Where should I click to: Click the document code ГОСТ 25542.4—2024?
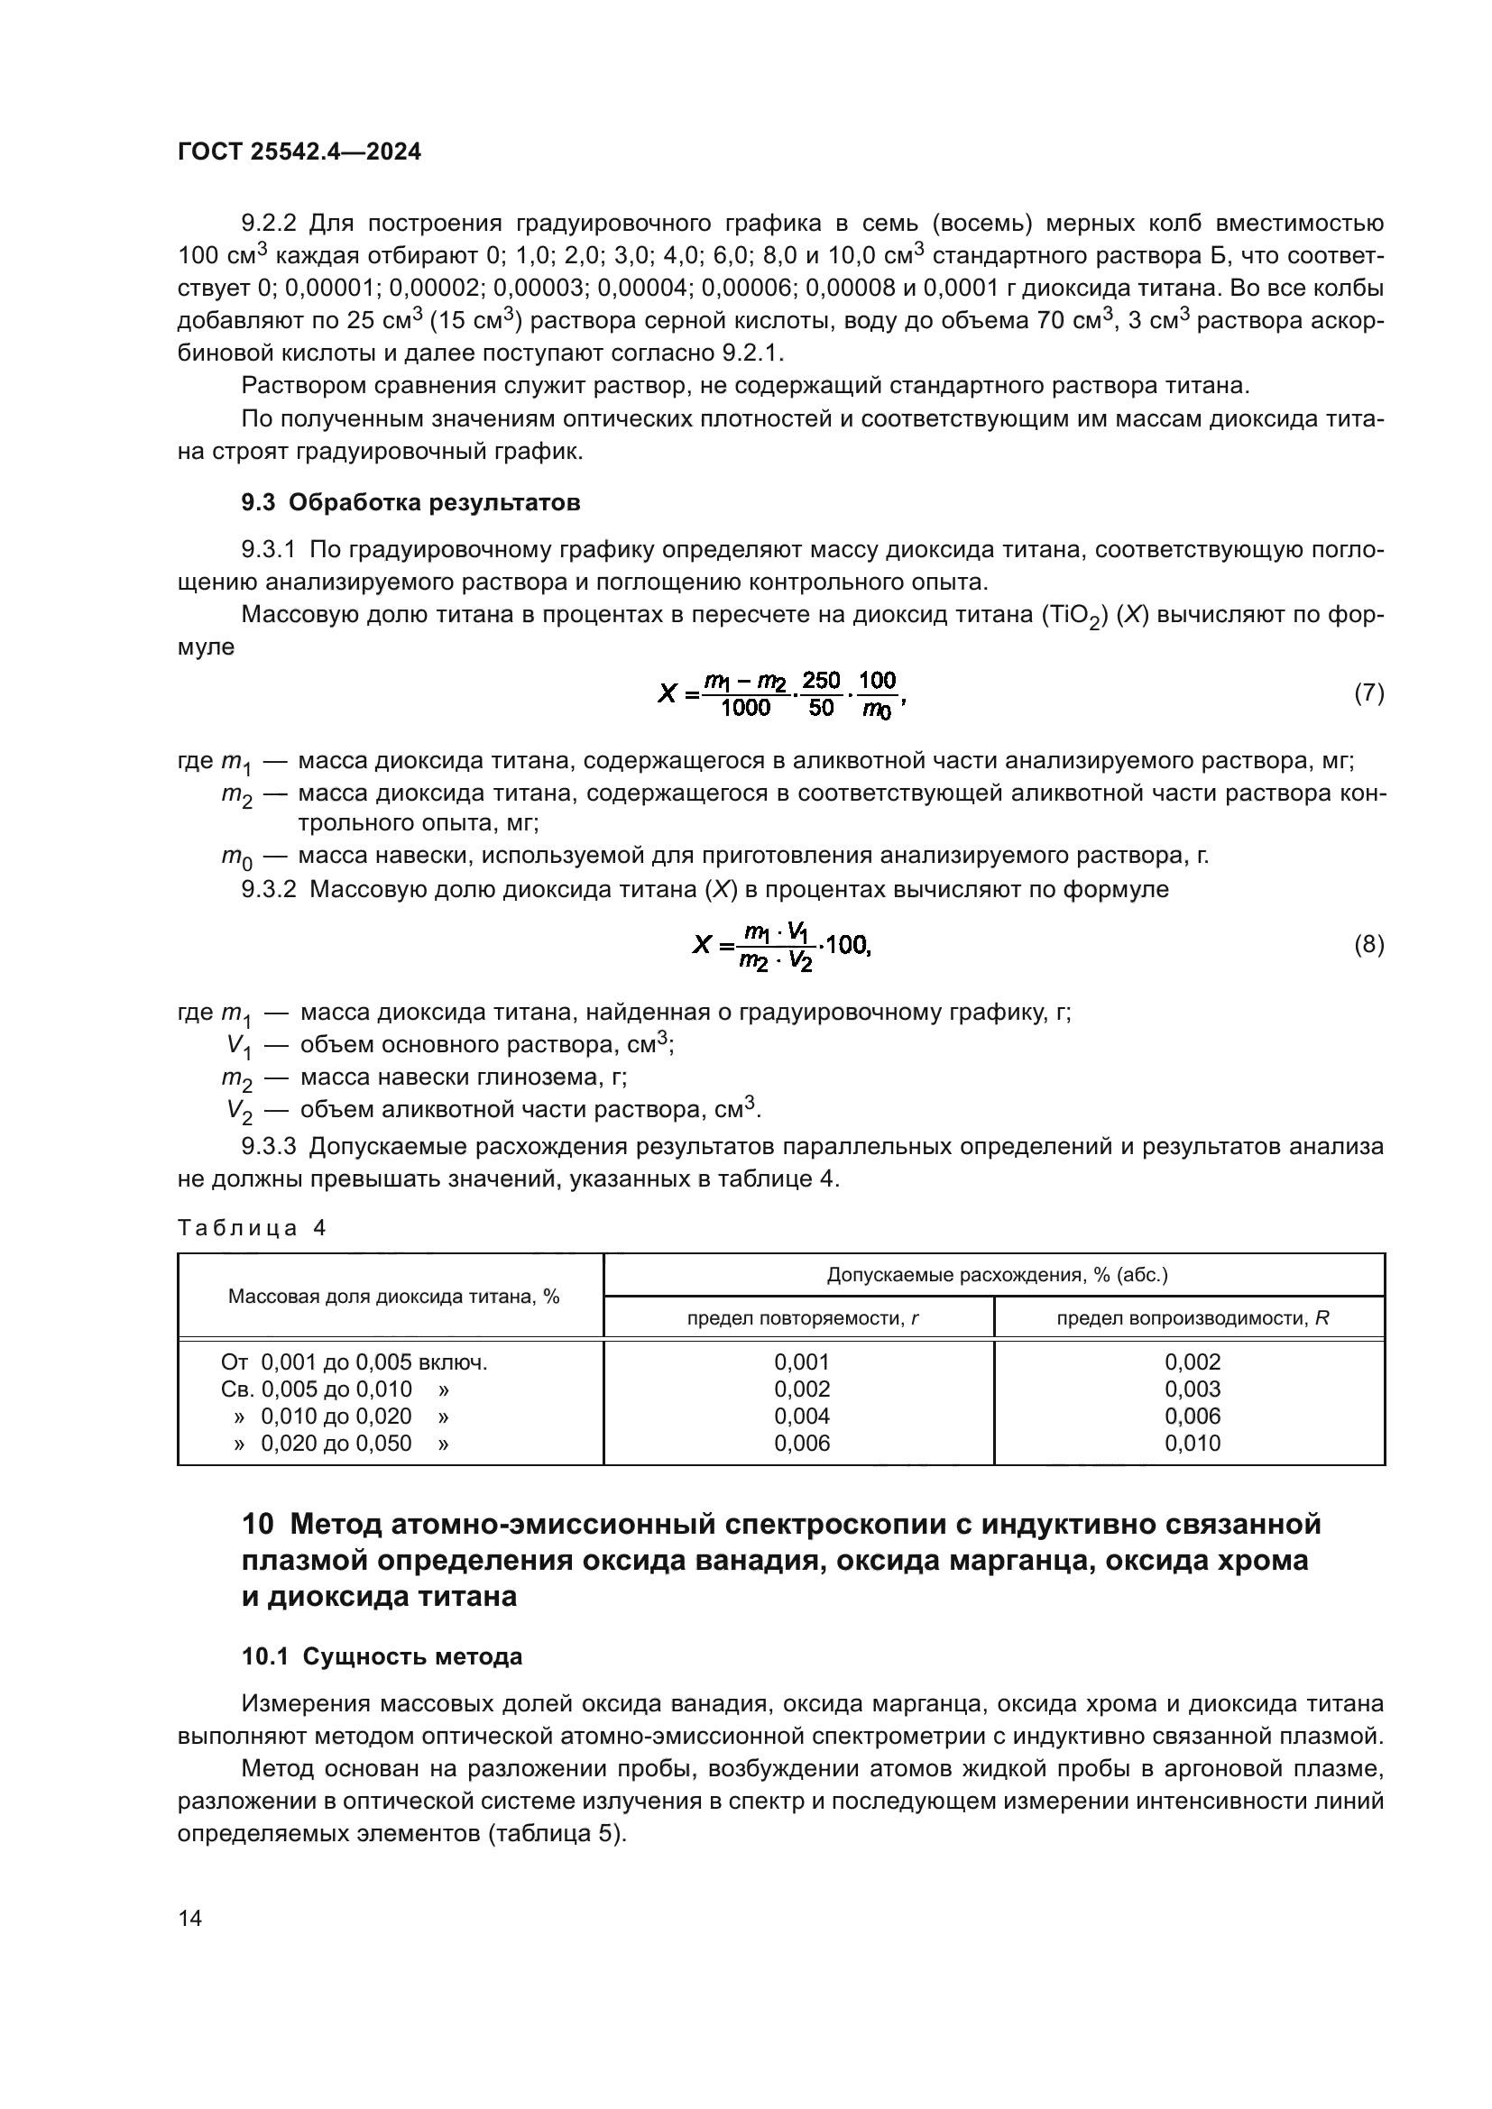click(x=299, y=152)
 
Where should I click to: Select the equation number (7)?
click(x=1369, y=692)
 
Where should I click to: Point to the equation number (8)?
click(x=1369, y=944)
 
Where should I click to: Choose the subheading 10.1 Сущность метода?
click(x=382, y=1656)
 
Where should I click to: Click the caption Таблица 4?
click(x=252, y=1228)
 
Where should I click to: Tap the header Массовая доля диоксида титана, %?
click(x=393, y=1296)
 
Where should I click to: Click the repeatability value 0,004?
click(x=802, y=1416)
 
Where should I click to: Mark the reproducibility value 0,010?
click(x=1193, y=1443)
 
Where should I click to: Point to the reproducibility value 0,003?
click(x=1193, y=1389)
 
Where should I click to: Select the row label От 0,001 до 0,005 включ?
click(x=354, y=1362)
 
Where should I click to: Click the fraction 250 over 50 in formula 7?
click(x=820, y=694)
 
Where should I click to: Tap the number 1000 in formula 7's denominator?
click(x=745, y=708)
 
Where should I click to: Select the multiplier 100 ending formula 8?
click(x=847, y=944)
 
